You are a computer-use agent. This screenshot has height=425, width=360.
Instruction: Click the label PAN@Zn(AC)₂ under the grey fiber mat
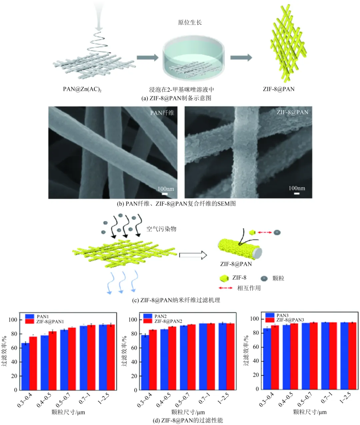(x=82, y=89)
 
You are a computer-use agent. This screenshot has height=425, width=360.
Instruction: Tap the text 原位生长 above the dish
(x=190, y=23)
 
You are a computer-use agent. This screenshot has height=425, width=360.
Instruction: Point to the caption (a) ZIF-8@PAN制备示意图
(x=176, y=98)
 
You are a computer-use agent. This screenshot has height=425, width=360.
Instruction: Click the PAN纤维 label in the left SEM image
(x=162, y=113)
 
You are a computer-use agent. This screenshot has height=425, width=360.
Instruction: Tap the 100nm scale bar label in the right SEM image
(x=297, y=189)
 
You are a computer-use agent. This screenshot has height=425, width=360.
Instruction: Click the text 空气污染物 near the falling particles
(x=161, y=229)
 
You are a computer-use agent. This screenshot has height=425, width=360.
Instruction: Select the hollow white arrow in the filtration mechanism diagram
(x=193, y=255)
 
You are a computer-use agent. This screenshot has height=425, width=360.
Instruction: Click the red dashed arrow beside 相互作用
(x=226, y=288)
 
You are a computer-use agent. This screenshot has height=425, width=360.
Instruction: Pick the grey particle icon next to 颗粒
(x=264, y=278)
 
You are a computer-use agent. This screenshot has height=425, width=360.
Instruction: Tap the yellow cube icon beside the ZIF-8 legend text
(x=224, y=278)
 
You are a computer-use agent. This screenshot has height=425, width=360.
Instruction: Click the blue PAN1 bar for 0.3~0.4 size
(x=25, y=366)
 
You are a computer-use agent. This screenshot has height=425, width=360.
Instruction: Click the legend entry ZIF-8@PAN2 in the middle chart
(x=168, y=321)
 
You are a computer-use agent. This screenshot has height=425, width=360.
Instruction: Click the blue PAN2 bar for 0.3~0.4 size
(x=145, y=362)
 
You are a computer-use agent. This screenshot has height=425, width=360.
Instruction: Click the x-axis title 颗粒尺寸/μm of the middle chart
(x=188, y=412)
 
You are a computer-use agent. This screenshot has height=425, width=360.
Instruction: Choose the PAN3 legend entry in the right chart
(x=282, y=315)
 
